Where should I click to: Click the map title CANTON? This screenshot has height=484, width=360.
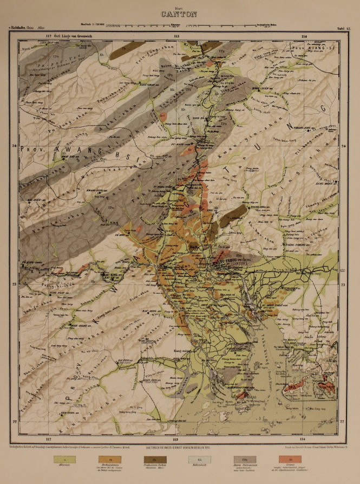point(179,14)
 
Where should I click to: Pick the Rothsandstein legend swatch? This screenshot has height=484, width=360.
point(112,460)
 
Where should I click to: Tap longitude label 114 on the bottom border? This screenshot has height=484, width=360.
point(303,438)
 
